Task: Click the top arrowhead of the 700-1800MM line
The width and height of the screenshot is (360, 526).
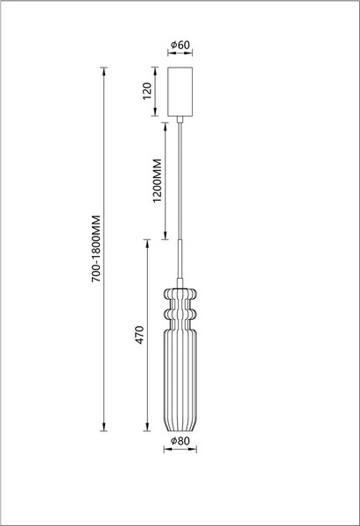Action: (x=106, y=70)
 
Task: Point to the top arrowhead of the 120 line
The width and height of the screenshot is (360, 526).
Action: (x=152, y=69)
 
